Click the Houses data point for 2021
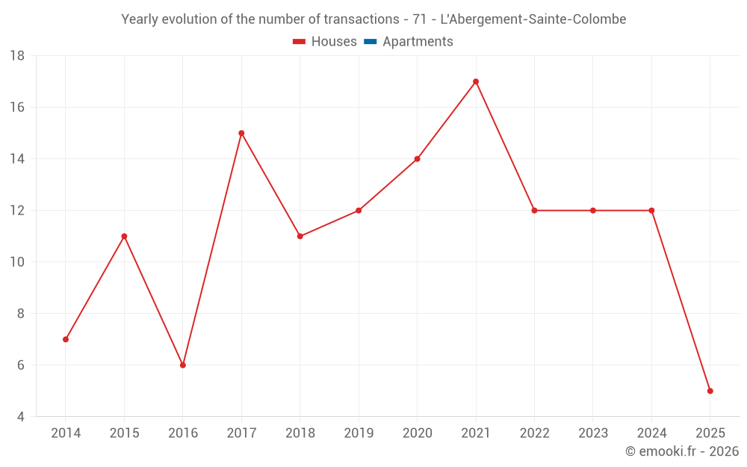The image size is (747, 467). (x=476, y=81)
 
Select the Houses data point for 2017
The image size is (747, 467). (x=241, y=133)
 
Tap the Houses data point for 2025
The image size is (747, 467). (x=710, y=391)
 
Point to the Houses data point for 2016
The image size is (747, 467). (x=183, y=365)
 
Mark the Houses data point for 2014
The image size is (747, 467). (x=66, y=339)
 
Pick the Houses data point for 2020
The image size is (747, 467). (x=417, y=159)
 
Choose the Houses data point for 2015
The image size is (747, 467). (x=124, y=236)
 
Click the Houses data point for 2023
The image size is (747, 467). (x=593, y=211)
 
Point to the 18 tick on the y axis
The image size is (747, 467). (x=17, y=56)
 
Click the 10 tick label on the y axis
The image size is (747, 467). (x=17, y=262)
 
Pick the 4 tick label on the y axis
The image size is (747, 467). (x=21, y=417)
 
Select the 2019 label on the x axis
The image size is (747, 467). (x=359, y=433)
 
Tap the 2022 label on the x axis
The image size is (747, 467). (x=534, y=433)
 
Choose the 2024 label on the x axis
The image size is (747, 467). (x=651, y=433)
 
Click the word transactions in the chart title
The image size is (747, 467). (x=362, y=19)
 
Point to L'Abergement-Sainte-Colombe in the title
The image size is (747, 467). (x=533, y=19)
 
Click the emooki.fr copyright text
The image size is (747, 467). (x=682, y=451)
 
